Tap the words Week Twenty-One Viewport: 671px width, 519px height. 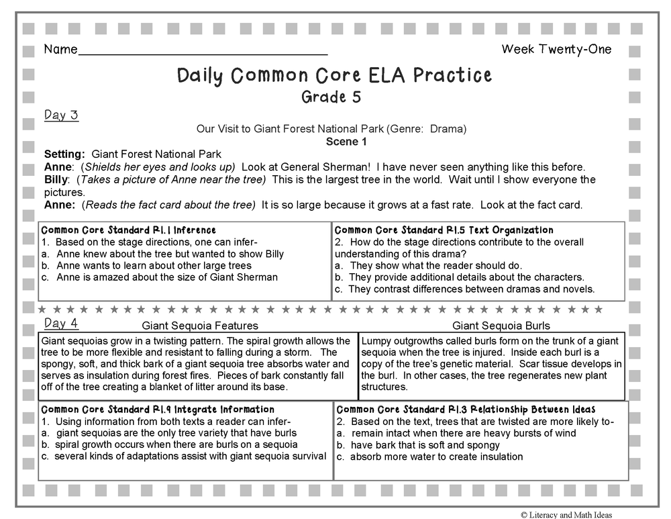[556, 49]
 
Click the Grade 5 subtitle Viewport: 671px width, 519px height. [331, 97]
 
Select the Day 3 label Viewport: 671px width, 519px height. [61, 115]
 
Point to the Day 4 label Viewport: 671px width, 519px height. [61, 324]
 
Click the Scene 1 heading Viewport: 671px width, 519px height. [346, 142]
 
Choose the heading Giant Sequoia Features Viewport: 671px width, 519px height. [200, 326]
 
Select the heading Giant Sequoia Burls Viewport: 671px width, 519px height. [501, 326]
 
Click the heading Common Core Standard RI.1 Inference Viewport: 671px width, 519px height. [129, 230]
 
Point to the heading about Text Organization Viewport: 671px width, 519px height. [444, 230]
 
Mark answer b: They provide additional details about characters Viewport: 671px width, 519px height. [459, 277]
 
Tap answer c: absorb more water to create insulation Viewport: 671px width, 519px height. [429, 457]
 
